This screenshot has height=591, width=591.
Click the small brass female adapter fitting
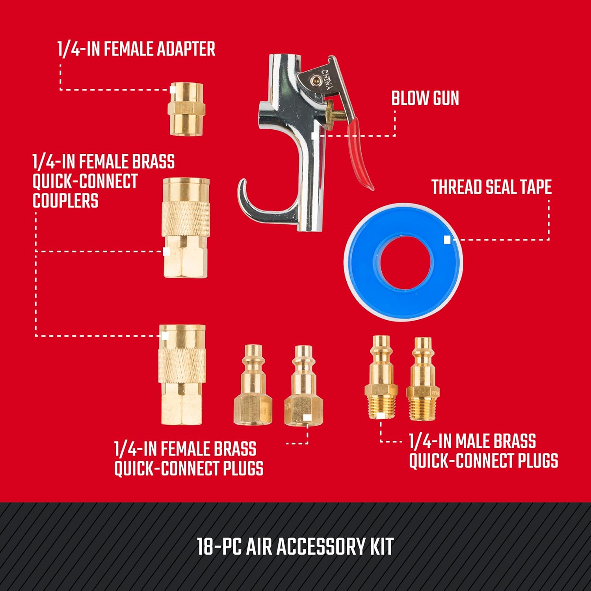tap(186, 109)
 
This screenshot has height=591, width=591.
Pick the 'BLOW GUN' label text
tap(425, 99)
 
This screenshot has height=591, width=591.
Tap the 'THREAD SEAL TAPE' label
tap(491, 187)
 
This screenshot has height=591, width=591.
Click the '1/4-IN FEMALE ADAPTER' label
tap(136, 49)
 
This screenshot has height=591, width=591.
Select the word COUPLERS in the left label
tap(65, 201)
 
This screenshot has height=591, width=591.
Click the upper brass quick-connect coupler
tap(186, 228)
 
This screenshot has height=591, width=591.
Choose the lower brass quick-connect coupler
tap(182, 375)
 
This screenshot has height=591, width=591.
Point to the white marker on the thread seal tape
tap(447, 240)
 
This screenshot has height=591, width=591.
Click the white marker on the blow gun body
tap(314, 136)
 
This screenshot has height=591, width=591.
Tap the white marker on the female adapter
tap(173, 89)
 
